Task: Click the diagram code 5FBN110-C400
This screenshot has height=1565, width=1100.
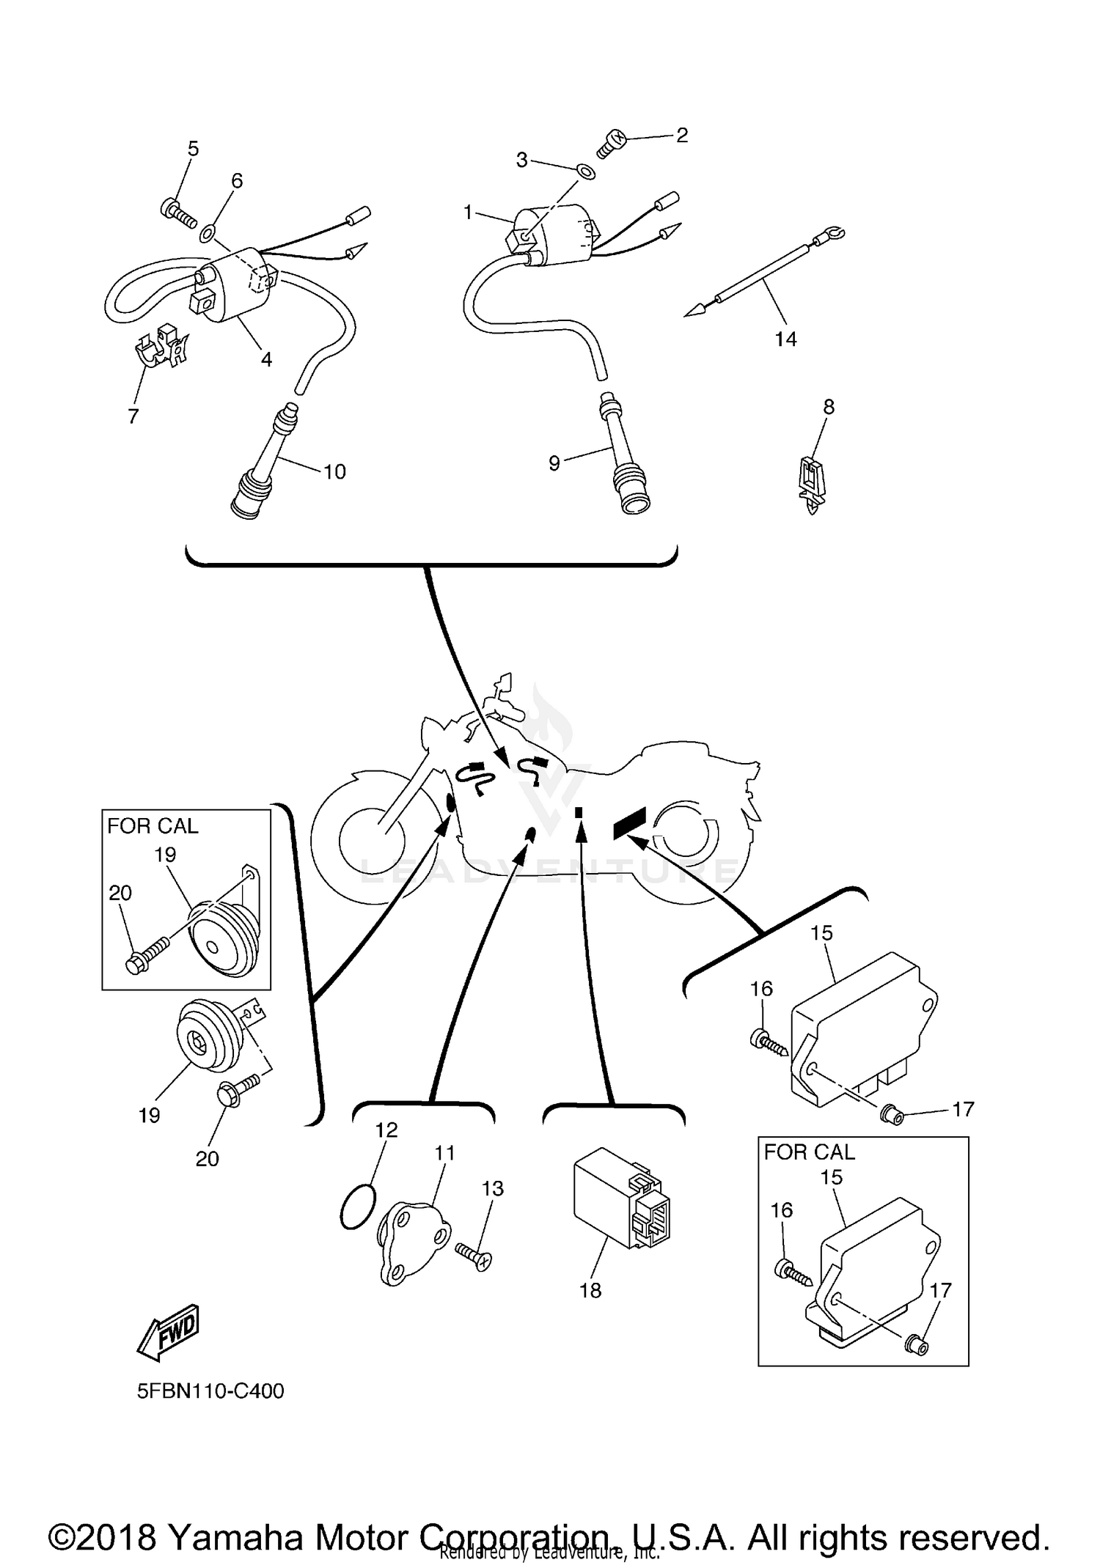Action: click(210, 1391)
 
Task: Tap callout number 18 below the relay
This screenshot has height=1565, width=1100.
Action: click(590, 1290)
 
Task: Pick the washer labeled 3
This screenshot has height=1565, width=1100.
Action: click(586, 172)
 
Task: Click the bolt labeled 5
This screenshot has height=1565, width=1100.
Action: click(178, 213)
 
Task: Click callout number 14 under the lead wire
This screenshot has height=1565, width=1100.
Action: click(785, 339)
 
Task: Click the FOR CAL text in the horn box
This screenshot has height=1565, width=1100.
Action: click(153, 826)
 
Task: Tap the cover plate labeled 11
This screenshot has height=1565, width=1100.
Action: click(411, 1239)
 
